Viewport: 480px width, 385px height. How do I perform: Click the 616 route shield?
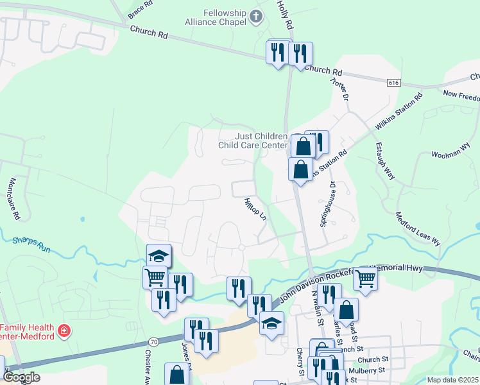[394, 83]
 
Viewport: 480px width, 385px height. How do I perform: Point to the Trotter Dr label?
[339, 88]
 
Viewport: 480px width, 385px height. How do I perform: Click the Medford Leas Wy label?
[418, 229]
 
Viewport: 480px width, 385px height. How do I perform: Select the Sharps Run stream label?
[31, 243]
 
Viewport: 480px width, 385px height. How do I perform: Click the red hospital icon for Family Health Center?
[64, 331]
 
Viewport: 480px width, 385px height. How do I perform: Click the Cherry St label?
[300, 362]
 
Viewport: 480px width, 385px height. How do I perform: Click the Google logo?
[21, 377]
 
